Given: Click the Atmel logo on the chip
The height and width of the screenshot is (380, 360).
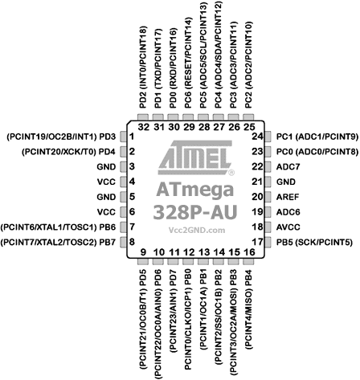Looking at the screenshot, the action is click(195, 158).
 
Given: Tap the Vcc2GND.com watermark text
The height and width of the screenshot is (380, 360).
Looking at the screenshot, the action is click(197, 230).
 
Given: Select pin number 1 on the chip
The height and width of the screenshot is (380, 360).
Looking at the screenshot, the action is click(132, 137).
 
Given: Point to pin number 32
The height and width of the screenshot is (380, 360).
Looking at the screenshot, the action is click(144, 127).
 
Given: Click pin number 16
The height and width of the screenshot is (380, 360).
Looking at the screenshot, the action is click(249, 252).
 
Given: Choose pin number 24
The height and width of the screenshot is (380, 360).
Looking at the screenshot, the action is click(257, 137).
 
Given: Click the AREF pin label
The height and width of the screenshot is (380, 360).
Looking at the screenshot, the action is click(288, 197).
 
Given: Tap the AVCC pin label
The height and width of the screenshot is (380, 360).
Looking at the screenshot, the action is click(288, 227).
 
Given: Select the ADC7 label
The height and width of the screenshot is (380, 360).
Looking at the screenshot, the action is click(288, 167).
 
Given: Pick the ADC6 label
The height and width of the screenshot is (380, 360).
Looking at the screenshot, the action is click(288, 212).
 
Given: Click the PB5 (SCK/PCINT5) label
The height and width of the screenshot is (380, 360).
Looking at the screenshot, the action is click(314, 243).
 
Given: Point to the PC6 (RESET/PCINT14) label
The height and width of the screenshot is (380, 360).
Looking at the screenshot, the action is click(189, 63).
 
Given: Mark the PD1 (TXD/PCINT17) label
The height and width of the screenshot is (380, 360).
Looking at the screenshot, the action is click(158, 68).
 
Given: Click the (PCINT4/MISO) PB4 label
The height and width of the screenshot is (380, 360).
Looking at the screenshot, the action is click(248, 309).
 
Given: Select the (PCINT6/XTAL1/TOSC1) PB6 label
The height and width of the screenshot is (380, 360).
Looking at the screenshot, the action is click(58, 227).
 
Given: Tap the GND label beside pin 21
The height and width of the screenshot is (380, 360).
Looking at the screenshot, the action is click(286, 182).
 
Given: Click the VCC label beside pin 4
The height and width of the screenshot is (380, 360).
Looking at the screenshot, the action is click(106, 182).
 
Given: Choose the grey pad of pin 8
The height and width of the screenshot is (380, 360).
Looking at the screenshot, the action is click(123, 242).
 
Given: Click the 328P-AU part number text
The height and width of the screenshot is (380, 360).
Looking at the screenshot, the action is click(195, 212).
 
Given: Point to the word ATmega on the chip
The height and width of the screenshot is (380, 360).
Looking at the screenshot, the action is click(195, 190).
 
